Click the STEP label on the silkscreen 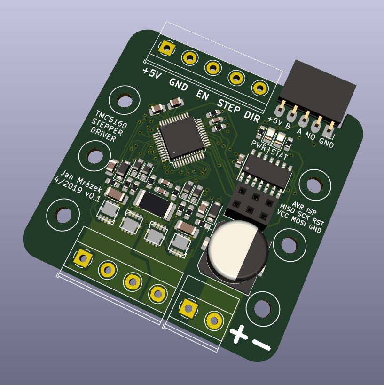pyautogui.click(x=229, y=106)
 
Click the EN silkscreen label pyautogui.click(x=203, y=95)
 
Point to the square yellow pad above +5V pyautogui.click(x=167, y=48)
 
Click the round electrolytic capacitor pyautogui.click(x=238, y=250)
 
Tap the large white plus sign pyautogui.click(x=238, y=334)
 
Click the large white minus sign pyautogui.click(x=261, y=345)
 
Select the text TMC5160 pyautogui.click(x=111, y=120)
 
